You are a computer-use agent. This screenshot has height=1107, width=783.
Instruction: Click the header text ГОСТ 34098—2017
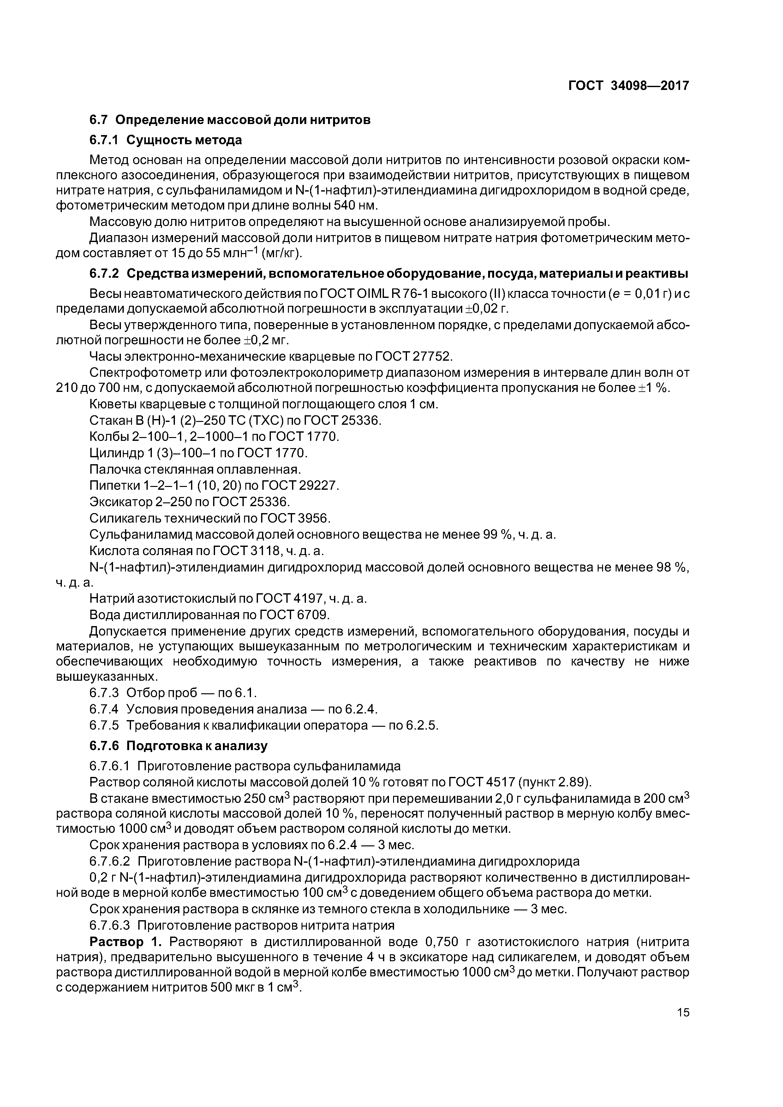coord(628,86)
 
